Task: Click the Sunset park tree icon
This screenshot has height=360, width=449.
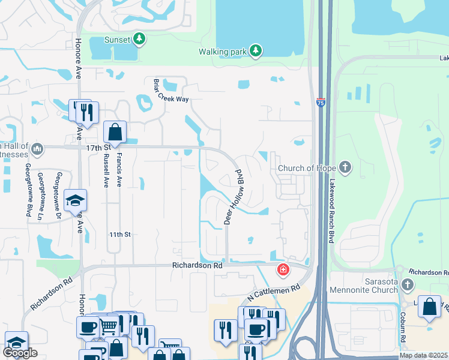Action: click(140, 40)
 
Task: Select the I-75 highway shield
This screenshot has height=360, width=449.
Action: click(321, 103)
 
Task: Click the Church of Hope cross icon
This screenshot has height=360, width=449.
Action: click(345, 167)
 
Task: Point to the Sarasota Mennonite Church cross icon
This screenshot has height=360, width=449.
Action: click(408, 284)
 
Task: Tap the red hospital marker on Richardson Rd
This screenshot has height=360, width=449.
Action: click(282, 271)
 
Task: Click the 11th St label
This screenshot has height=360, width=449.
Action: click(119, 234)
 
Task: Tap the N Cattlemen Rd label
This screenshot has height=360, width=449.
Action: click(273, 293)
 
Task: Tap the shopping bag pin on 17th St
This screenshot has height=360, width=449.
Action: click(115, 133)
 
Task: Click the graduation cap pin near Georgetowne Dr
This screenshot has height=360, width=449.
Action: click(76, 200)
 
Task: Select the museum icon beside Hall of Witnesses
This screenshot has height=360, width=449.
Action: click(37, 148)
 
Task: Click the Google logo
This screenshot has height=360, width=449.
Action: click(20, 353)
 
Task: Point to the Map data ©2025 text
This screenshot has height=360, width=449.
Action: click(424, 355)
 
